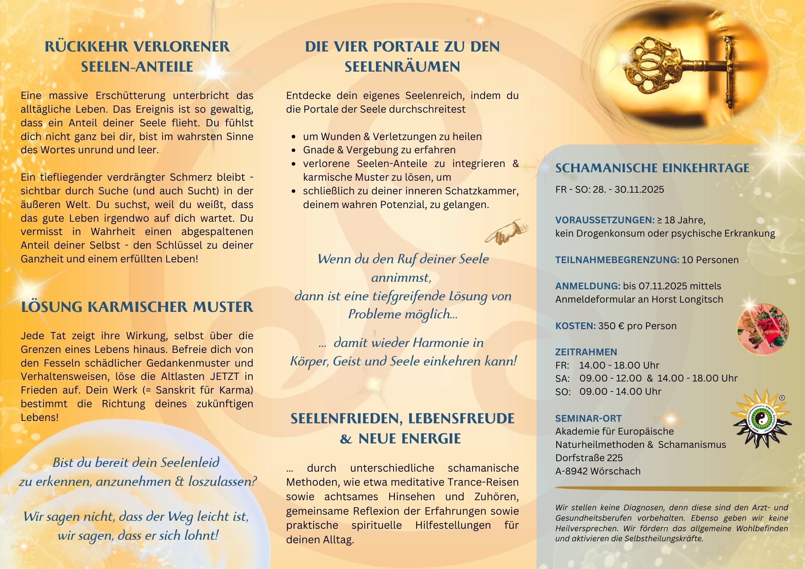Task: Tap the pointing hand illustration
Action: [x=506, y=232]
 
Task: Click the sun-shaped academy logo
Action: [x=761, y=420]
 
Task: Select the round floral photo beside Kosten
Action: [x=763, y=329]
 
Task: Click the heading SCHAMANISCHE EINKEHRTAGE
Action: [x=652, y=168]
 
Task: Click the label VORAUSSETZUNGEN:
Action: [x=605, y=220]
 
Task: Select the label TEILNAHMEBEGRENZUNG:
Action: [x=617, y=260]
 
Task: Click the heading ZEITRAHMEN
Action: [x=586, y=352]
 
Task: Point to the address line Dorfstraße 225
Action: [x=589, y=458]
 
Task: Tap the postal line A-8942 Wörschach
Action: [x=598, y=471]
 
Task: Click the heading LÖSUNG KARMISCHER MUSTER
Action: [x=137, y=307]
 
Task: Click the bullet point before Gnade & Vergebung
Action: [x=294, y=150]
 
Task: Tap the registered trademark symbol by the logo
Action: [x=782, y=398]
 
